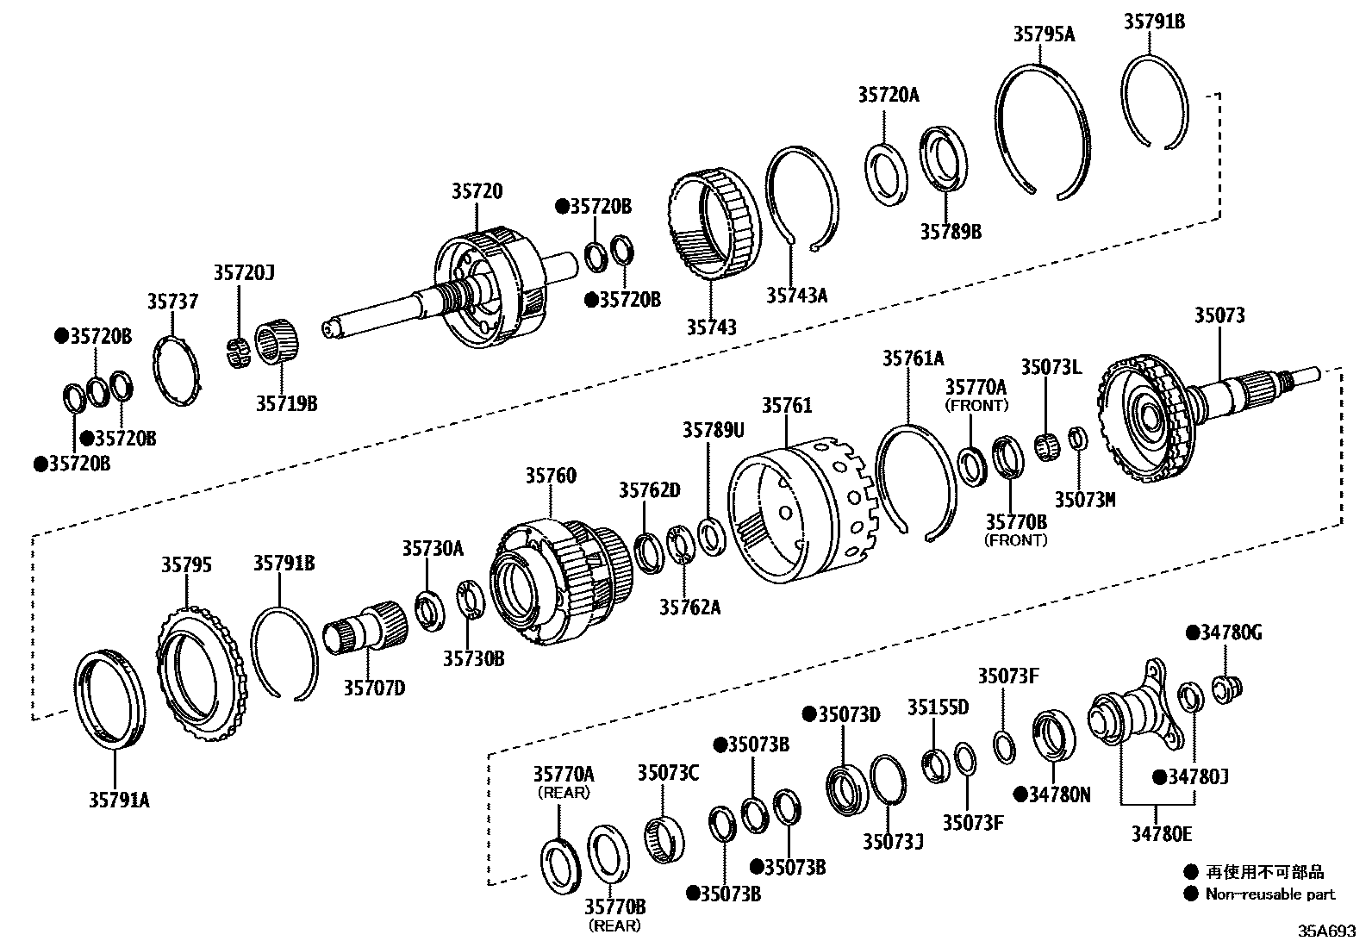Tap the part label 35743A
[x=796, y=296]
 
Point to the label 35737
[x=171, y=301]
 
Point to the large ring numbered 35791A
[x=110, y=700]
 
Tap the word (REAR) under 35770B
[x=614, y=926]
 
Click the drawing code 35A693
[x=1328, y=932]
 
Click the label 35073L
[x=1051, y=368]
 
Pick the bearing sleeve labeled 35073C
[x=665, y=836]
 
